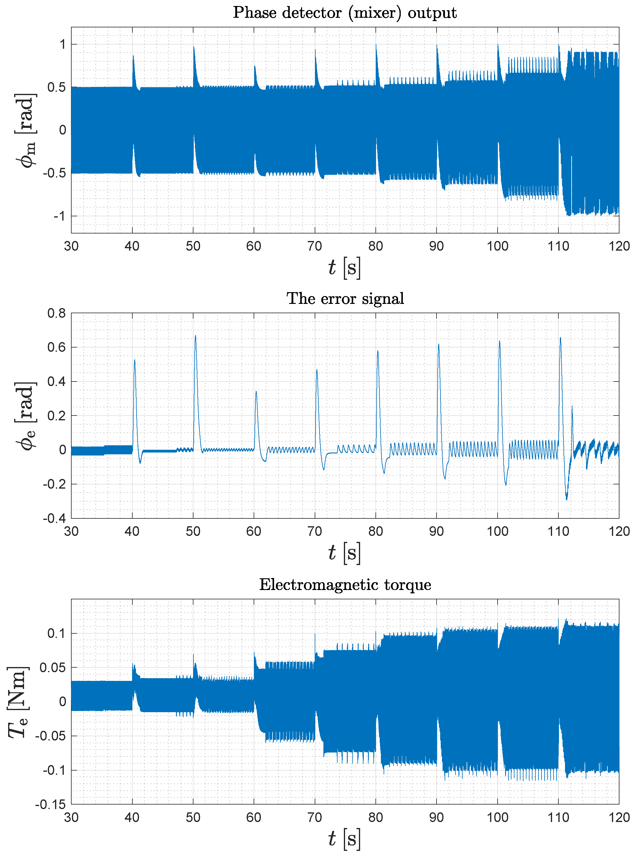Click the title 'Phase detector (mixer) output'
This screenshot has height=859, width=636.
pos(344,13)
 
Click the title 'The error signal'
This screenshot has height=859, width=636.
pos(345,298)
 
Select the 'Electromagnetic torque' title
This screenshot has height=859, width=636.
pos(345,585)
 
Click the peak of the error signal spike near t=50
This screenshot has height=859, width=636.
pos(196,336)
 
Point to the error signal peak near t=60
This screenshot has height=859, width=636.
pos(256,391)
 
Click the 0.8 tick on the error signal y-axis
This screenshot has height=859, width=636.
pos(56,313)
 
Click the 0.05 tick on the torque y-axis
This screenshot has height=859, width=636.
pos(52,668)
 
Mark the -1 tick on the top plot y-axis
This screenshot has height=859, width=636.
pos(59,216)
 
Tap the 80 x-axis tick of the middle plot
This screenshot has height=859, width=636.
pos(376,532)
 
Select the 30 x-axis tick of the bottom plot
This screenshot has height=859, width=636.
pos(71,818)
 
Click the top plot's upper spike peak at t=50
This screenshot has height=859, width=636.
pos(194,47)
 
